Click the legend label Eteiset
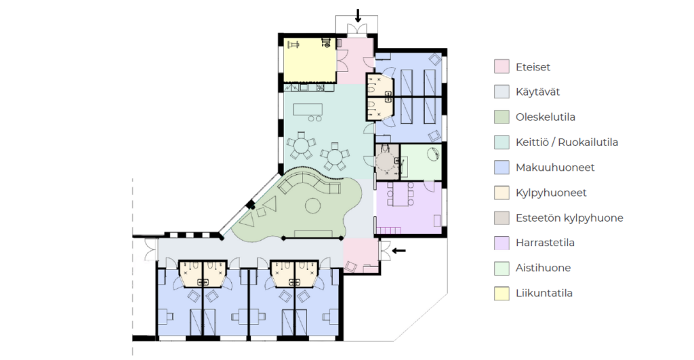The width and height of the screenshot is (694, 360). pos(533,67)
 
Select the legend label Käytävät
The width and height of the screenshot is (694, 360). pos(537,92)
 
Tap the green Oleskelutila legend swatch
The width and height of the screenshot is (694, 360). pos(502,117)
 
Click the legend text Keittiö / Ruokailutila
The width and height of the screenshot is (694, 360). pos(567,142)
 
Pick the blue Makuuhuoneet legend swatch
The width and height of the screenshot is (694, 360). pos(502,167)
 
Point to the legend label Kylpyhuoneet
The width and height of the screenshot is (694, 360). pos(551,193)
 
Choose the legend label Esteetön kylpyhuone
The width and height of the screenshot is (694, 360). pos(569,218)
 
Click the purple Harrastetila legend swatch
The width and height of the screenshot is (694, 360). pos(502,243)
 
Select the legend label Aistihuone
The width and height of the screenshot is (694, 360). pos(543,268)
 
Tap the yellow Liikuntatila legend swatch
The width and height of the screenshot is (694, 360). pos(502,293)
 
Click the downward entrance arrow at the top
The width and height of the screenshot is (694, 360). pos(358,16)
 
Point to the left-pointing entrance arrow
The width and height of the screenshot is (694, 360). pos(399,251)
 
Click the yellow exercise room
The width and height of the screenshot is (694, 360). pos(309,60)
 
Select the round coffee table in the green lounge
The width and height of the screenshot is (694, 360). pos(313,205)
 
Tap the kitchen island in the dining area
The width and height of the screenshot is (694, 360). pos(308,109)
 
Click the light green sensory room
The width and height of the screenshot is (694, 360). pos(420,161)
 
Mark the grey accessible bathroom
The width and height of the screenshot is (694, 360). pos(387,161)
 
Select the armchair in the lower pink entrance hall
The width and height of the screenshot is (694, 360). pos(350,267)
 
